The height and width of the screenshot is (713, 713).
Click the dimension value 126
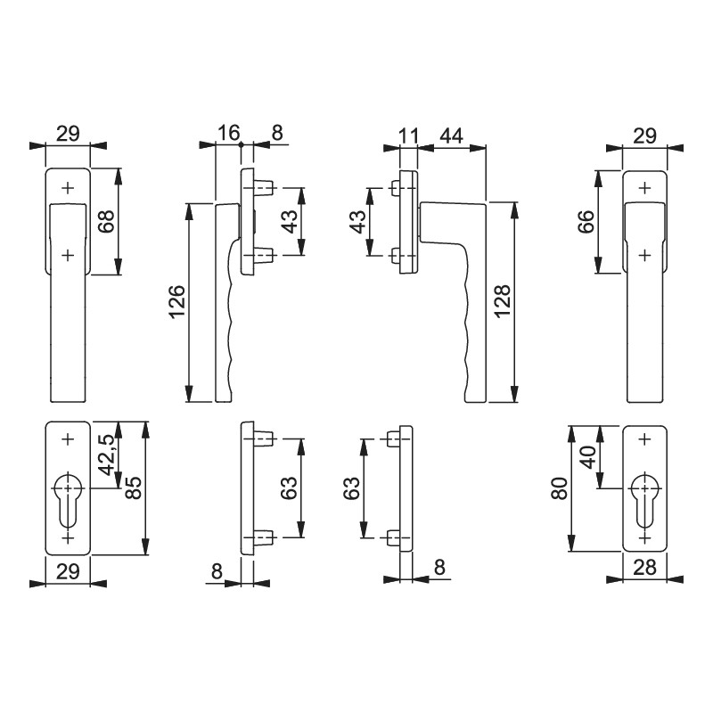[177, 301]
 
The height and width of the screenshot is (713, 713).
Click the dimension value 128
[502, 301]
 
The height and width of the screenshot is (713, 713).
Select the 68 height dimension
[106, 221]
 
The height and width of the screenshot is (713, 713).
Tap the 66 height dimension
[586, 221]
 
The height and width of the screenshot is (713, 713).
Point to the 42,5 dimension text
[107, 454]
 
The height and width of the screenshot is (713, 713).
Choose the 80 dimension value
[560, 488]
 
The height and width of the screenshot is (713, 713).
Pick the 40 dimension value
[588, 457]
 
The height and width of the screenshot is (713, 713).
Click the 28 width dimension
[644, 567]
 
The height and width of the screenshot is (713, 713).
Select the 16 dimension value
[228, 133]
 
